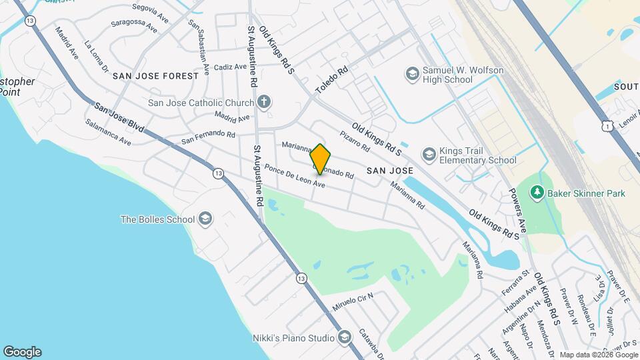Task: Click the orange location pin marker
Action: [x=320, y=159]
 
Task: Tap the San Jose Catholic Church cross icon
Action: [x=265, y=103]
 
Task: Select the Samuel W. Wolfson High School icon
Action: [x=412, y=72]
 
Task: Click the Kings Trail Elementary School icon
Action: [x=429, y=155]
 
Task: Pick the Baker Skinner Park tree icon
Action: [x=537, y=193]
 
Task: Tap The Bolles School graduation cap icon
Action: [x=205, y=219]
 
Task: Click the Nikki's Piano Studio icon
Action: [x=344, y=338]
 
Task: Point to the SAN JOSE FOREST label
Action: [x=156, y=76]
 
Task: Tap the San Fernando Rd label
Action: [x=209, y=137]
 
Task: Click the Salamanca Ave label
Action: [x=108, y=131]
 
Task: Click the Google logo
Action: [x=22, y=352]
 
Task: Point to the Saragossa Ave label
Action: [x=134, y=25]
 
